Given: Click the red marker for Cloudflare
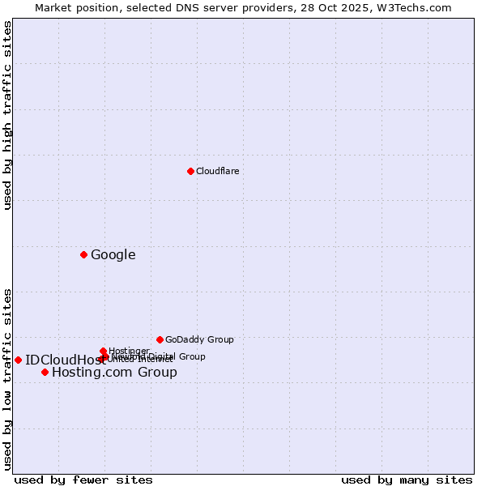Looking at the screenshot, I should tap(190, 171).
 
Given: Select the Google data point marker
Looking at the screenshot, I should tap(83, 254).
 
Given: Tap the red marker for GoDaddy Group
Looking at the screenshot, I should tap(160, 339).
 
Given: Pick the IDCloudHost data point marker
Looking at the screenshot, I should tap(18, 360).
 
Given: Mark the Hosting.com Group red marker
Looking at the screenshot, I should tap(45, 372).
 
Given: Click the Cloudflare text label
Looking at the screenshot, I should tap(217, 171).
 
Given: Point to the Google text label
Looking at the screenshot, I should tap(113, 254).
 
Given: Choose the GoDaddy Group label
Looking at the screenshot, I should tap(199, 339).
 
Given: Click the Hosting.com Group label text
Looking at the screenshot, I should tap(114, 372).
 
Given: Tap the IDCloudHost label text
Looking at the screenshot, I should tap(60, 360).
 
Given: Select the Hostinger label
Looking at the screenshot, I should tap(129, 351).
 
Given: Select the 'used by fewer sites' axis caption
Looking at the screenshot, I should tap(83, 480).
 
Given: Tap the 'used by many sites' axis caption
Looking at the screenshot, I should tap(407, 480).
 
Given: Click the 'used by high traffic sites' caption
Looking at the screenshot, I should tap(7, 116).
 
